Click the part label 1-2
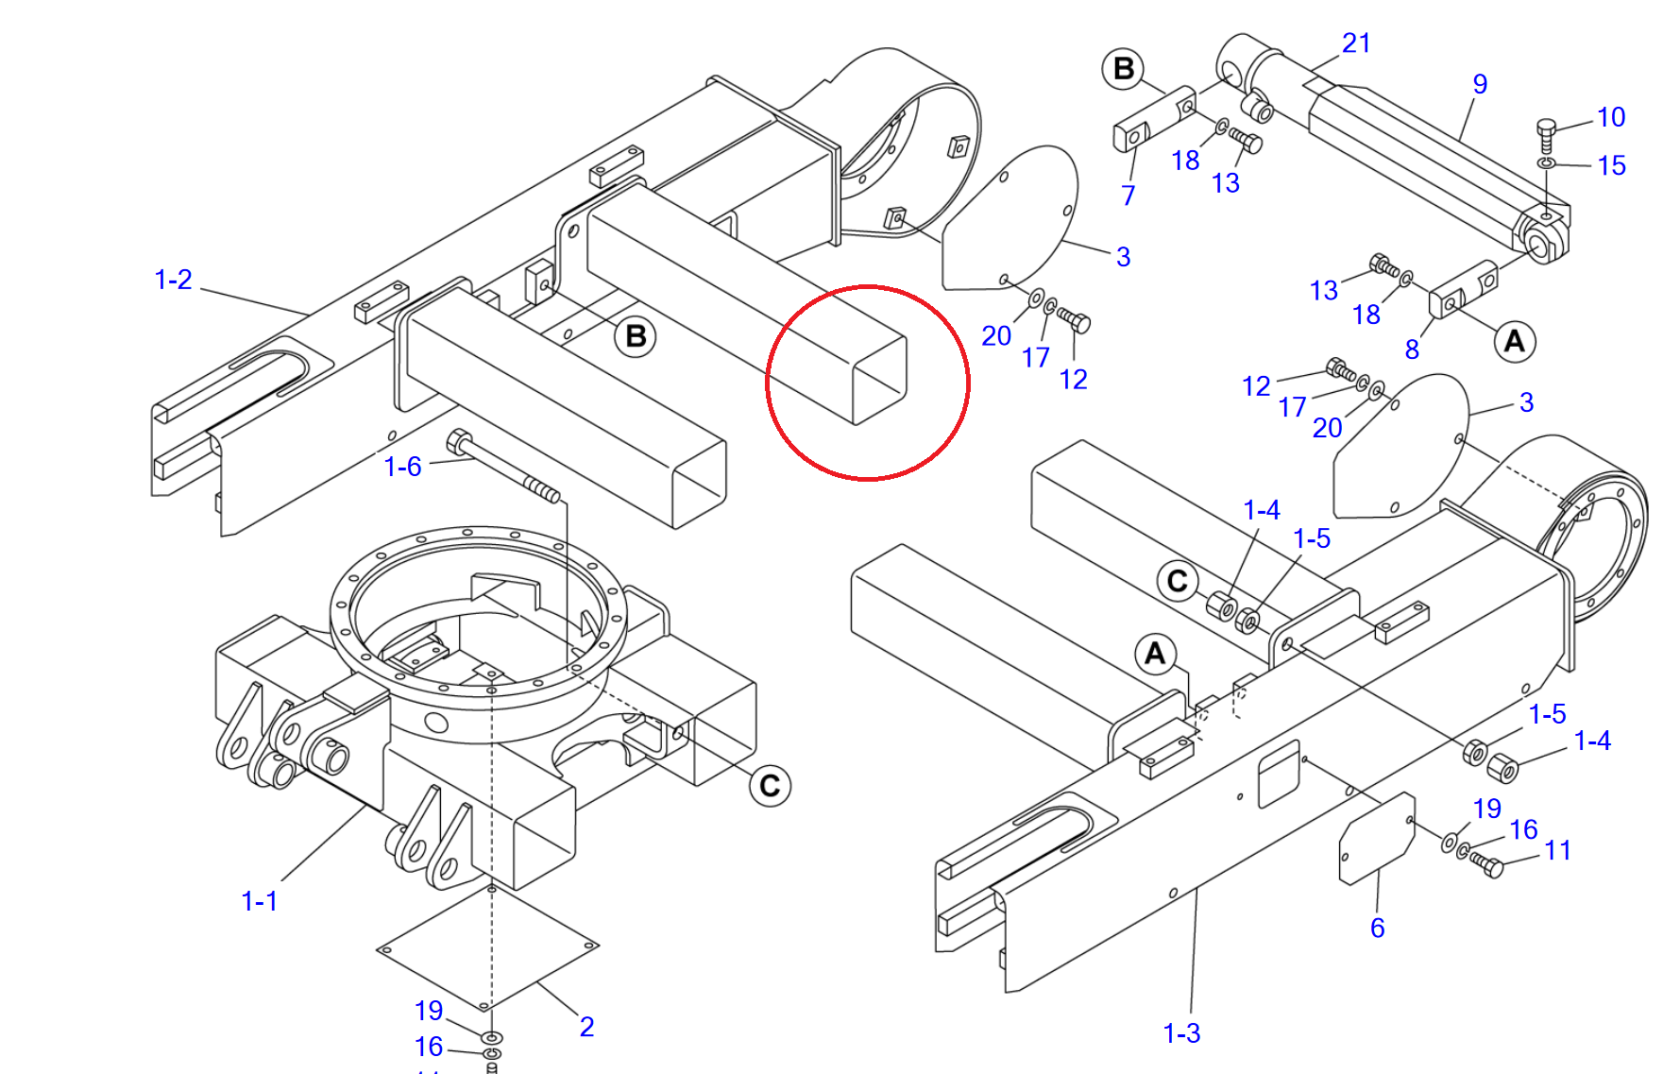point(173,280)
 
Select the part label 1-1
point(259,901)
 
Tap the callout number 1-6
point(402,467)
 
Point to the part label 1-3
point(1181,1033)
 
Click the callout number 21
point(1356,43)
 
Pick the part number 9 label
point(1480,84)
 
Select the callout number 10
point(1610,117)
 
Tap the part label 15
point(1611,165)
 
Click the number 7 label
point(1128,196)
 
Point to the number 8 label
point(1412,349)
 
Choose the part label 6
point(1377,928)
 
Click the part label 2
point(586,1027)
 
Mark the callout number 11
point(1557,850)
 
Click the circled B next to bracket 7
point(1123,69)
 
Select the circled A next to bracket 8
point(1514,341)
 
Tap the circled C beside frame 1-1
point(770,786)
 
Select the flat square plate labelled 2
point(487,947)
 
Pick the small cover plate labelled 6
point(1377,839)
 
